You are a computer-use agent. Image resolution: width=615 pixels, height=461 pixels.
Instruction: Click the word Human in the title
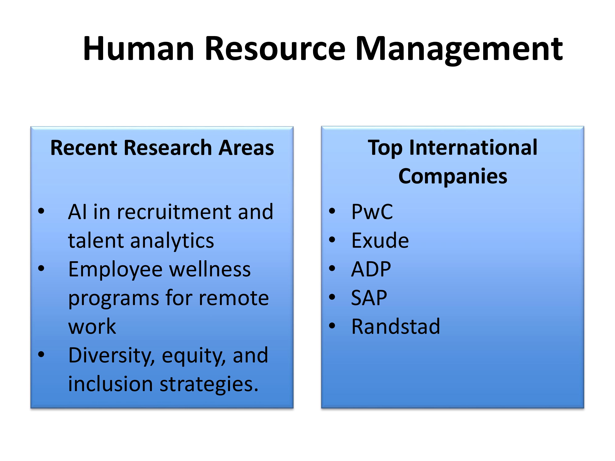138,48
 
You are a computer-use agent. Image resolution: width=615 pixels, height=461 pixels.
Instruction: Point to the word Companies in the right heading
453,177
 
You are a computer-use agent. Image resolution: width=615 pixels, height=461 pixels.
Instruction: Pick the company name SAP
369,298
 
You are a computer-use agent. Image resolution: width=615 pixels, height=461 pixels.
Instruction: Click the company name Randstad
396,327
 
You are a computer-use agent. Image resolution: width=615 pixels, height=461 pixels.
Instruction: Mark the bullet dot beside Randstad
332,326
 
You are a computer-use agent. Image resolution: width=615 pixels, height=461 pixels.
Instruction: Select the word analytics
172,241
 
